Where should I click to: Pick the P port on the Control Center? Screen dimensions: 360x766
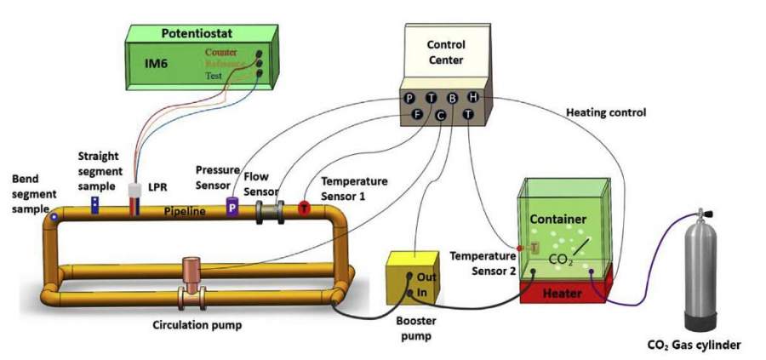[411, 99]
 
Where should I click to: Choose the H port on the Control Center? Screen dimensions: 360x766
[474, 98]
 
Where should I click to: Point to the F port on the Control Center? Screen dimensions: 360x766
[417, 113]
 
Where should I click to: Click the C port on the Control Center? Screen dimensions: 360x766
[441, 115]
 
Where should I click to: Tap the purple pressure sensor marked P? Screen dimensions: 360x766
[232, 207]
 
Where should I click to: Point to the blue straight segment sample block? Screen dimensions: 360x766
[95, 203]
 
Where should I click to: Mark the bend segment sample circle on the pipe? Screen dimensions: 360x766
[54, 217]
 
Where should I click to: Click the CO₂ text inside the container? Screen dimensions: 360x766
[559, 257]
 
